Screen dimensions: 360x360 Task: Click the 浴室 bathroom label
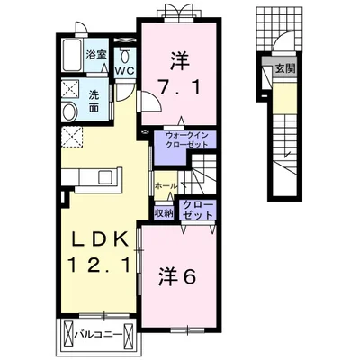tap(96, 55)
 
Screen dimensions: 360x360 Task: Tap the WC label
tap(125, 70)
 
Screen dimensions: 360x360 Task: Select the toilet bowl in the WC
tap(125, 55)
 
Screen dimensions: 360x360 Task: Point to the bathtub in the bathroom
tap(72, 55)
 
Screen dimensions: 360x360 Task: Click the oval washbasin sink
tap(69, 112)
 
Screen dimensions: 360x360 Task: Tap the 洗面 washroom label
tap(94, 102)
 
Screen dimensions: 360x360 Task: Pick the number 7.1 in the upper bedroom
tap(179, 88)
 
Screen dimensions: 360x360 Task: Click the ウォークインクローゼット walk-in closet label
tap(185, 139)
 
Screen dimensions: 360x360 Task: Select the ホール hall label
tap(166, 186)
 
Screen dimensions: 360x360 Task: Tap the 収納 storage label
tap(164, 213)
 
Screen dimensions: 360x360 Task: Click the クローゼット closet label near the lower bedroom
tap(198, 211)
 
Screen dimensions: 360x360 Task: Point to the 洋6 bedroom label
tap(177, 275)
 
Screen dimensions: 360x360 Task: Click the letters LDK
tap(99, 240)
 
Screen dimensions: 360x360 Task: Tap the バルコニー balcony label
tap(98, 334)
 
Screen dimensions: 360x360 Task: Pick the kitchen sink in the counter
tap(106, 176)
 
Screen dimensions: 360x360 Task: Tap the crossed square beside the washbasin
tap(70, 89)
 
